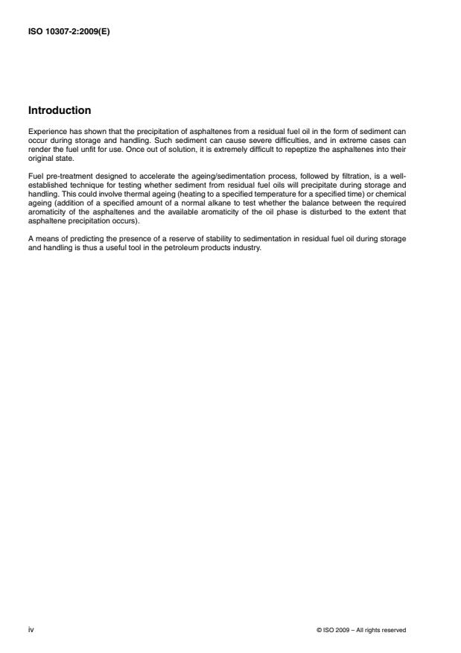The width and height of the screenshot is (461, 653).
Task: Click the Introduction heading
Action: [x=60, y=111]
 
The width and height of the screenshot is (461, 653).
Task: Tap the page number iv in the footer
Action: [x=31, y=630]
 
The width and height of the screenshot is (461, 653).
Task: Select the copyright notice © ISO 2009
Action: [x=361, y=630]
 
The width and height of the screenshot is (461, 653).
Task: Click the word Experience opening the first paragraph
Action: [x=44, y=131]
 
